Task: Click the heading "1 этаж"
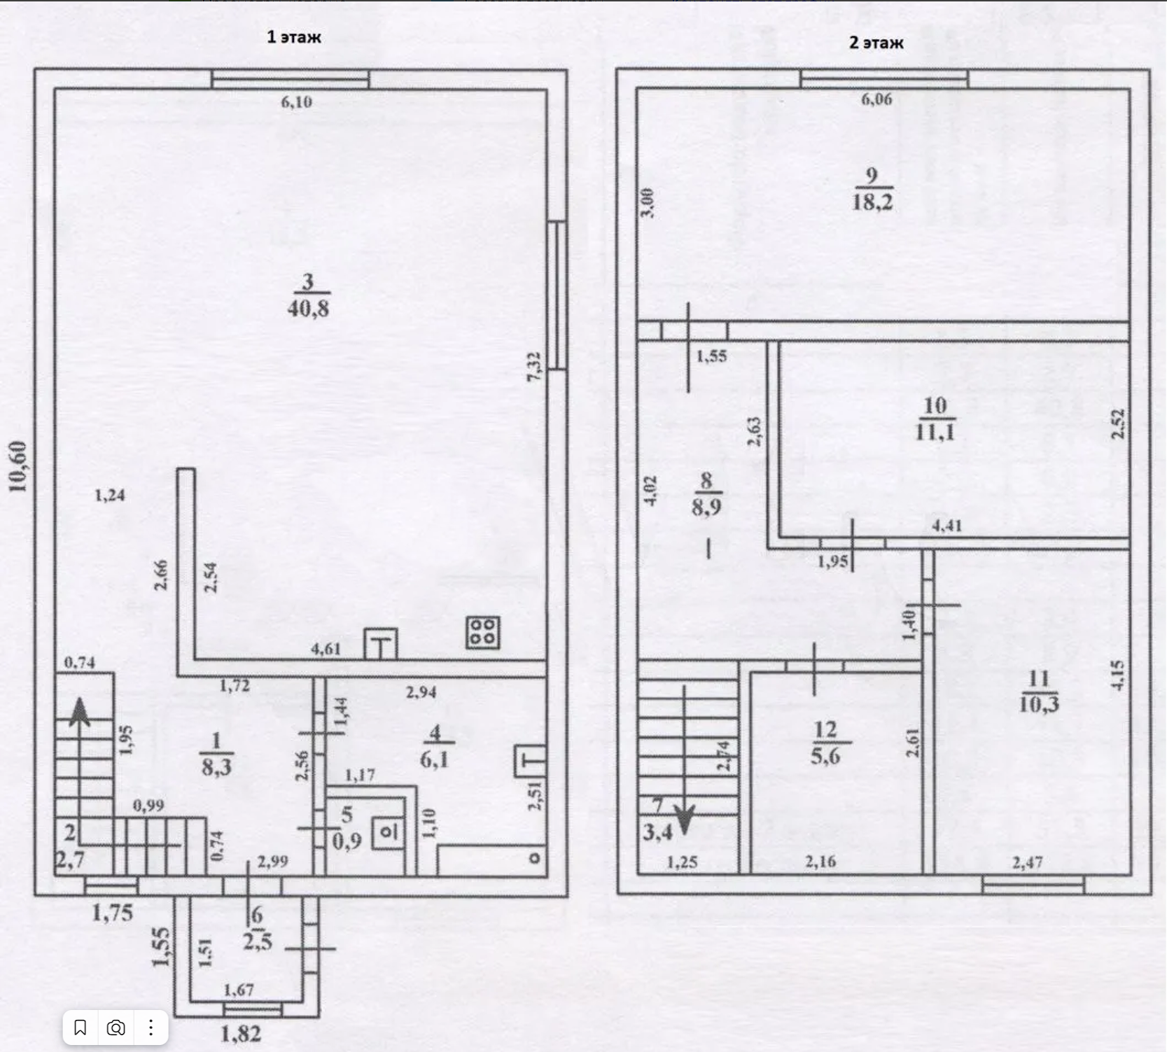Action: tap(293, 37)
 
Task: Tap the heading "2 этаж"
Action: tap(876, 43)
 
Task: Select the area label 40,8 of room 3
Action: tap(308, 308)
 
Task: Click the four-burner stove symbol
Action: tap(483, 631)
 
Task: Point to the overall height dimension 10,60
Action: tap(18, 466)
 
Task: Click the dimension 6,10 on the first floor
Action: tap(296, 102)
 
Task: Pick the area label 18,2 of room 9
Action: tap(872, 202)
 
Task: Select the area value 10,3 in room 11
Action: tap(1039, 703)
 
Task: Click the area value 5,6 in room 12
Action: tap(825, 756)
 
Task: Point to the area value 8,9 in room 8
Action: tap(706, 506)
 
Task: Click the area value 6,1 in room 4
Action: tap(435, 759)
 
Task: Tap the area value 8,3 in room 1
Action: tap(216, 767)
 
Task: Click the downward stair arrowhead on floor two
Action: tap(684, 819)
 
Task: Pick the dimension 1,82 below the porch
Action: tap(241, 1033)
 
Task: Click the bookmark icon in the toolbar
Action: tap(81, 1028)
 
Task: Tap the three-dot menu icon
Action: tap(151, 1028)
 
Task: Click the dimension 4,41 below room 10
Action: tap(946, 526)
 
